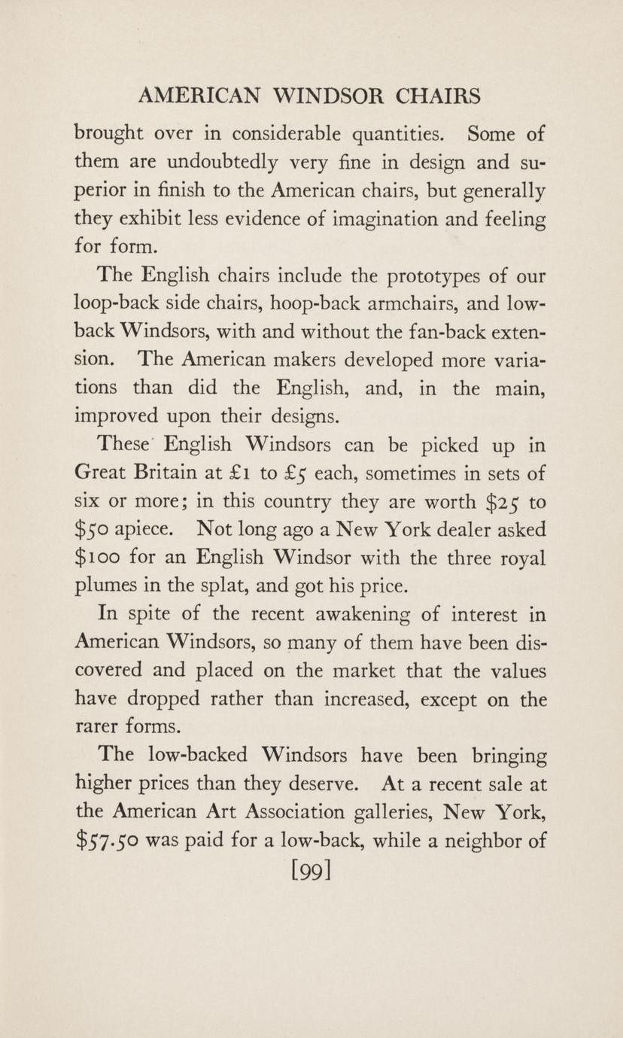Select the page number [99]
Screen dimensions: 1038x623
point(311,873)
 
